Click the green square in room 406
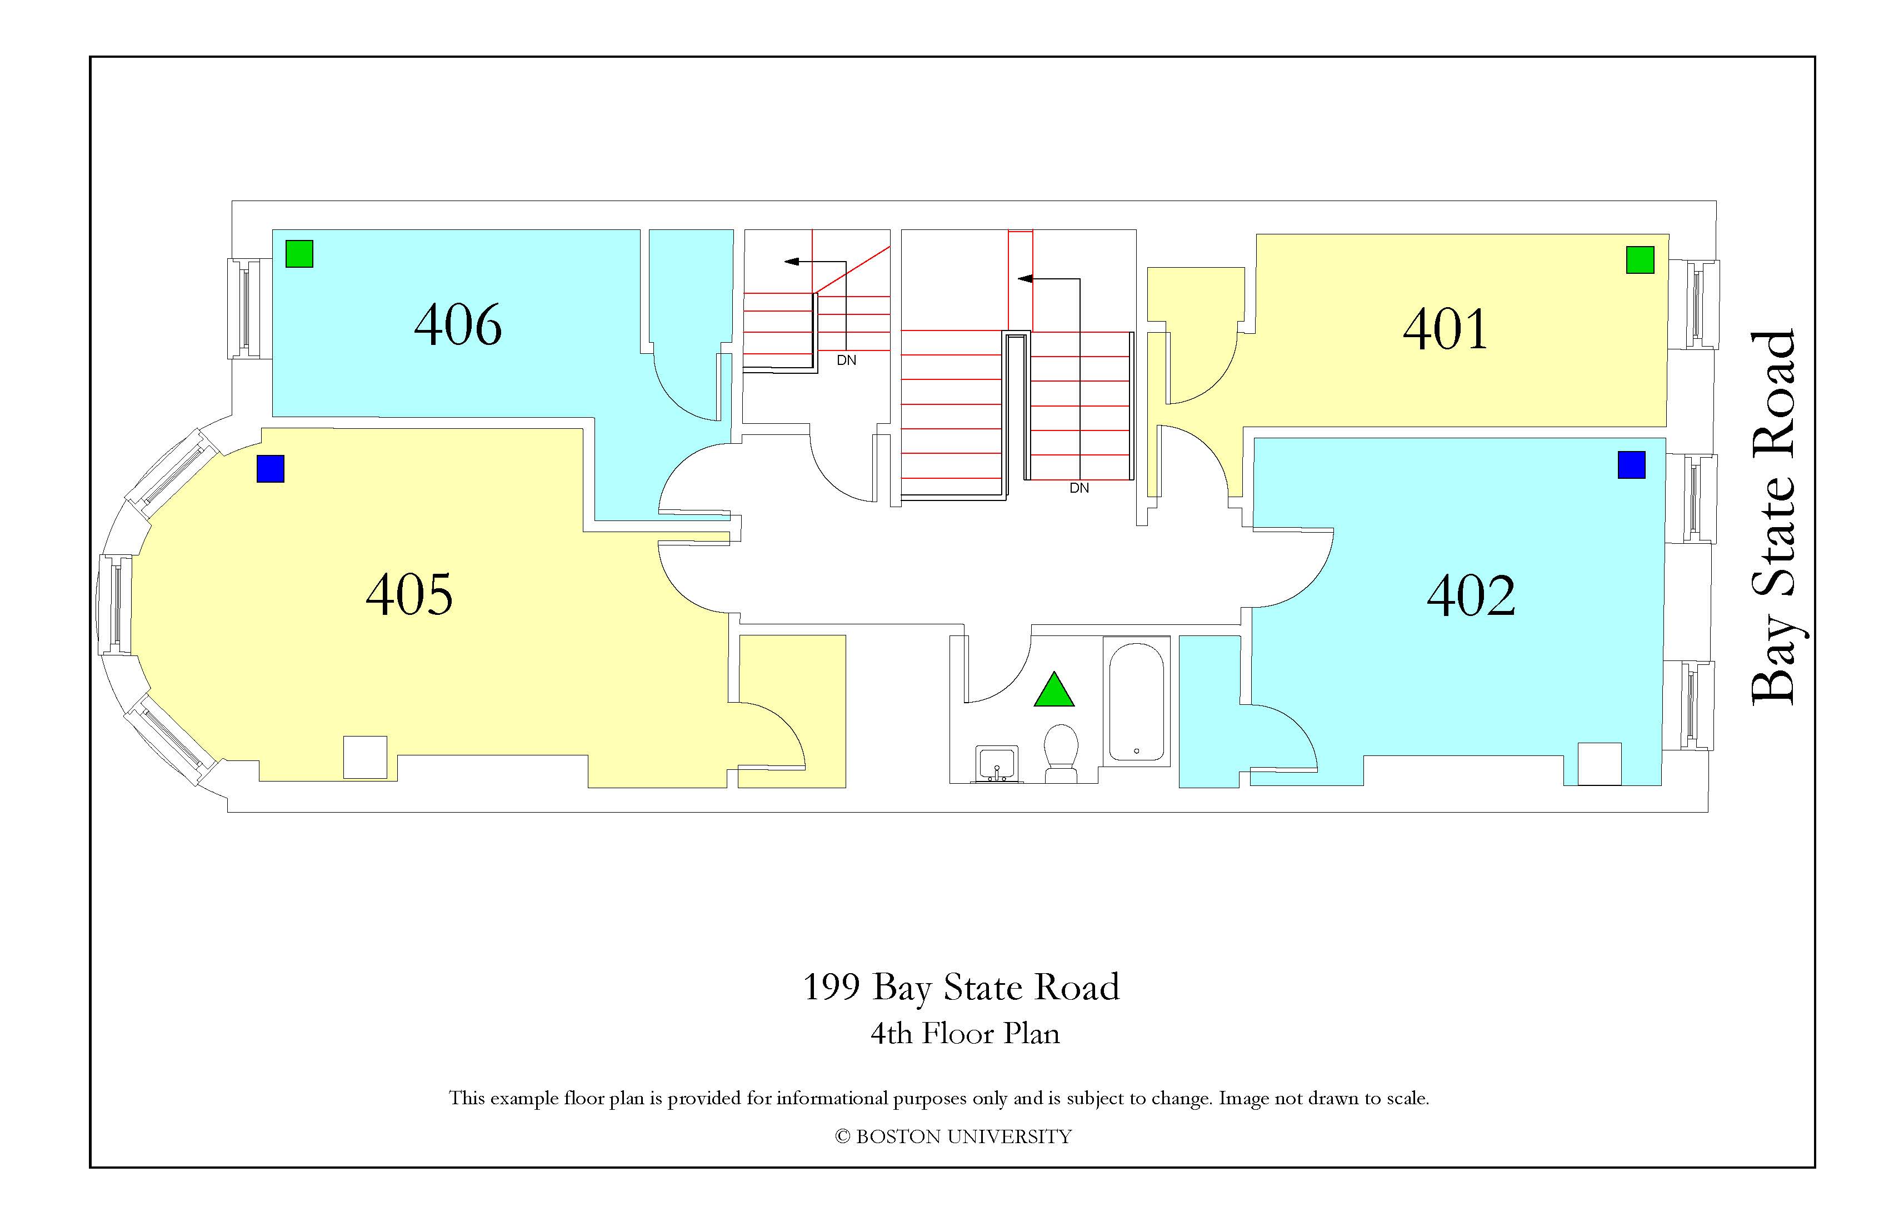pyautogui.click(x=299, y=254)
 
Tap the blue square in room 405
pyautogui.click(x=271, y=468)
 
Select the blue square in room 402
pyautogui.click(x=1631, y=465)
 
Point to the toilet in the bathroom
pyautogui.click(x=1061, y=753)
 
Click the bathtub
pyautogui.click(x=1137, y=702)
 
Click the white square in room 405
pyautogui.click(x=365, y=757)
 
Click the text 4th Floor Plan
pyautogui.click(x=965, y=1033)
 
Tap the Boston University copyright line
pyautogui.click(x=953, y=1136)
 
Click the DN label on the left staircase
pyautogui.click(x=846, y=360)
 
